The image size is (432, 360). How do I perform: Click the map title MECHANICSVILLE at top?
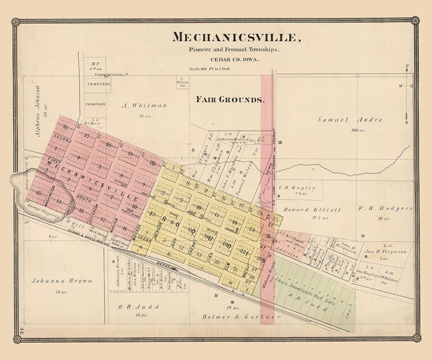pyautogui.click(x=236, y=37)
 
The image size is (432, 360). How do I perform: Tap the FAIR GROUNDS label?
pyautogui.click(x=230, y=100)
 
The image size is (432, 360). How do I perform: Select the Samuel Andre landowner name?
pyautogui.click(x=350, y=120)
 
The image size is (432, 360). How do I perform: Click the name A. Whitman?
pyautogui.click(x=144, y=106)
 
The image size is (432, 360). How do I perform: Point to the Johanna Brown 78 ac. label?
pyautogui.click(x=62, y=281)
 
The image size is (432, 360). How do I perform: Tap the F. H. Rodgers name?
pyautogui.click(x=385, y=208)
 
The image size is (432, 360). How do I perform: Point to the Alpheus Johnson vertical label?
pyautogui.click(x=38, y=111)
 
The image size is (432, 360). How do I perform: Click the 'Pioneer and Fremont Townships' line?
pyautogui.click(x=234, y=50)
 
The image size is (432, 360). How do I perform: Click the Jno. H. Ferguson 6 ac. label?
pyautogui.click(x=386, y=252)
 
